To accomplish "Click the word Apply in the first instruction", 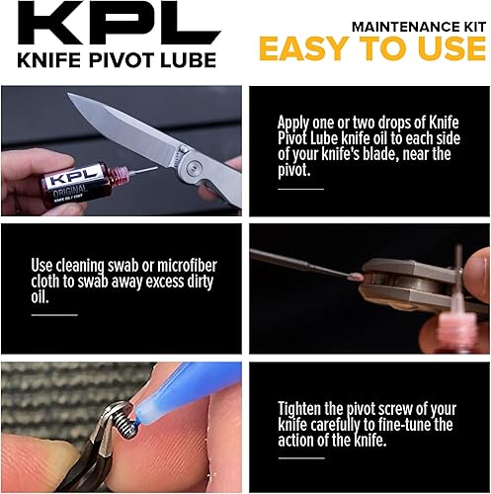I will tap(296, 123).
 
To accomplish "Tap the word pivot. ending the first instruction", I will tap(297, 170).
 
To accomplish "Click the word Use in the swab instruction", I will tap(45, 266).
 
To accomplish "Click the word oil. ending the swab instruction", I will tap(41, 295).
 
